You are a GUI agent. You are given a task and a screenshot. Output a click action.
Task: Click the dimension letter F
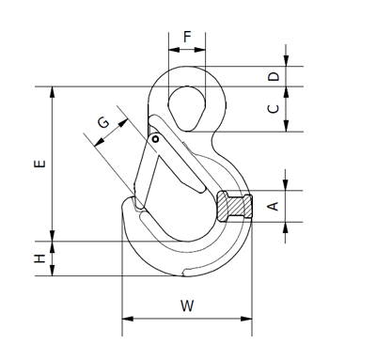[x=187, y=37]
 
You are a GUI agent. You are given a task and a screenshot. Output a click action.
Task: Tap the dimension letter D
[x=274, y=76]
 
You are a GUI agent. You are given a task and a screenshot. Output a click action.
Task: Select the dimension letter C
[x=274, y=109]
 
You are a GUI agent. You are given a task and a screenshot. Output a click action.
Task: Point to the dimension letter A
[x=274, y=206]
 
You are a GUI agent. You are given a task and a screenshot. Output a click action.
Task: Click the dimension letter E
[x=39, y=164]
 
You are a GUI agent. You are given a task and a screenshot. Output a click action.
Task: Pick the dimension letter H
[x=39, y=258]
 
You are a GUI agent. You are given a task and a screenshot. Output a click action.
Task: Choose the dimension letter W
[x=187, y=305]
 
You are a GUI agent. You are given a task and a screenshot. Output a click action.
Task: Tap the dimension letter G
[x=103, y=122]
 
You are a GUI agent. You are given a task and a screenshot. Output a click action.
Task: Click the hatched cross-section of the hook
[x=234, y=207]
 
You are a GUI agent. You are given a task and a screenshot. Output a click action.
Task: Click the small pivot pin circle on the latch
[x=155, y=139]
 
